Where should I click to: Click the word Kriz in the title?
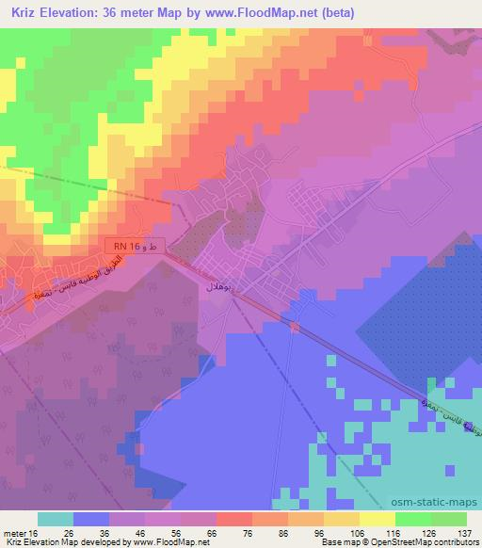point(20,11)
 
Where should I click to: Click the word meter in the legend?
point(13,534)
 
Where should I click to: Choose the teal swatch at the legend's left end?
point(56,519)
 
